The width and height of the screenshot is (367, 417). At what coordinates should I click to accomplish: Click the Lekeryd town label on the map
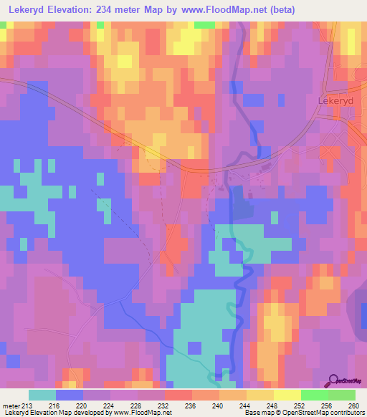point(335,101)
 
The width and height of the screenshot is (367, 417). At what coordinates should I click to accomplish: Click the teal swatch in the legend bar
point(42,395)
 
